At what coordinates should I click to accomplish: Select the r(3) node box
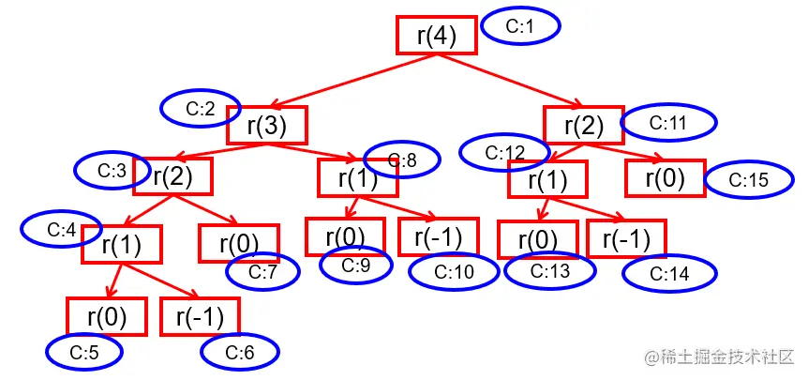click(266, 125)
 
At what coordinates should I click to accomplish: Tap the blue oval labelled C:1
click(520, 27)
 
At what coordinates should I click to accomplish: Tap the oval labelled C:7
click(262, 272)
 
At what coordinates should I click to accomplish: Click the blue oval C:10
click(449, 271)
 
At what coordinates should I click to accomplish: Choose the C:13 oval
click(549, 271)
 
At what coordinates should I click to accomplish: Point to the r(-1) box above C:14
click(626, 238)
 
